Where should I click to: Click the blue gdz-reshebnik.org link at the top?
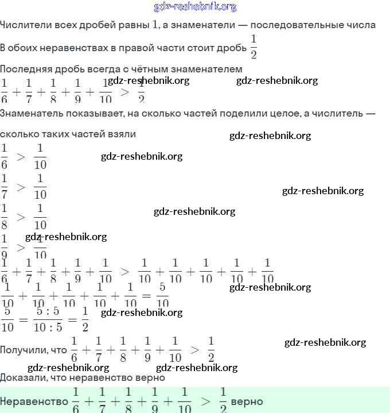click(x=195, y=7)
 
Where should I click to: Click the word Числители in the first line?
click(x=22, y=25)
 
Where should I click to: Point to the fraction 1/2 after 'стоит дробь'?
click(x=253, y=47)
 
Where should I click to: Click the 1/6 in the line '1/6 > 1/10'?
click(x=5, y=156)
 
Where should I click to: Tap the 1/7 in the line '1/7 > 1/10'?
click(x=5, y=186)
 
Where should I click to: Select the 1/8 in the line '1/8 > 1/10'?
click(x=5, y=216)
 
